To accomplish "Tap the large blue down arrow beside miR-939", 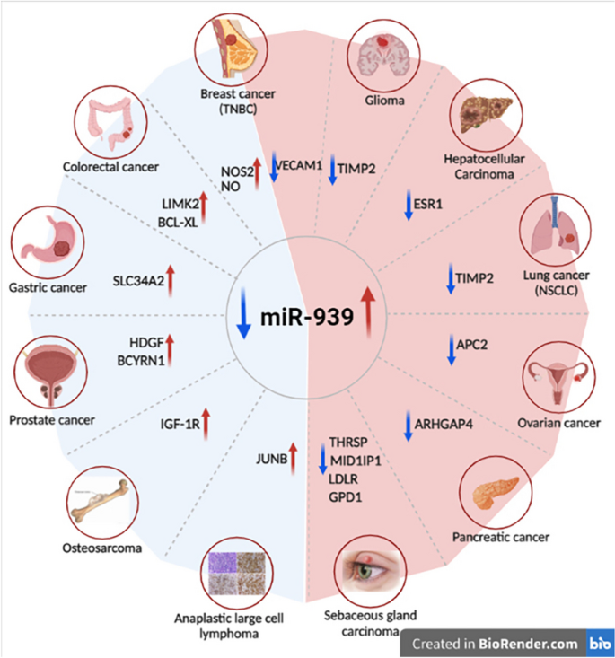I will pos(243,319).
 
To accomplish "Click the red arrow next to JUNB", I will pos(291,458).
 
